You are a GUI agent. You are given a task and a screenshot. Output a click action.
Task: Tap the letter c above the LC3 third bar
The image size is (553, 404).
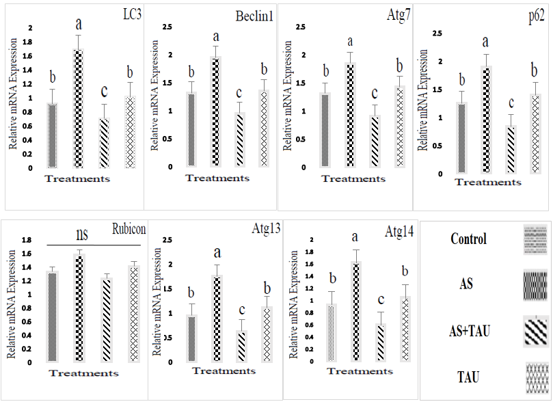[x=103, y=91]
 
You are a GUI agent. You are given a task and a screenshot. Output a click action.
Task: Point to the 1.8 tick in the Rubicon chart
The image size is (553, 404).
[x=28, y=240]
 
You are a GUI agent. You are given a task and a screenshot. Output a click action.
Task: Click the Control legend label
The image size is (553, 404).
[x=469, y=239]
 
